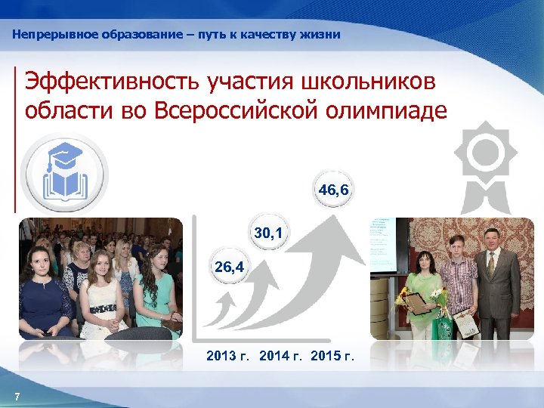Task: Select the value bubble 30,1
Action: (269, 235)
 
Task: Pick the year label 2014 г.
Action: (280, 356)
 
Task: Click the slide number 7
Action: (17, 397)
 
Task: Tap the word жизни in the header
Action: (323, 35)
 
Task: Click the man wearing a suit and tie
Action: (496, 283)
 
